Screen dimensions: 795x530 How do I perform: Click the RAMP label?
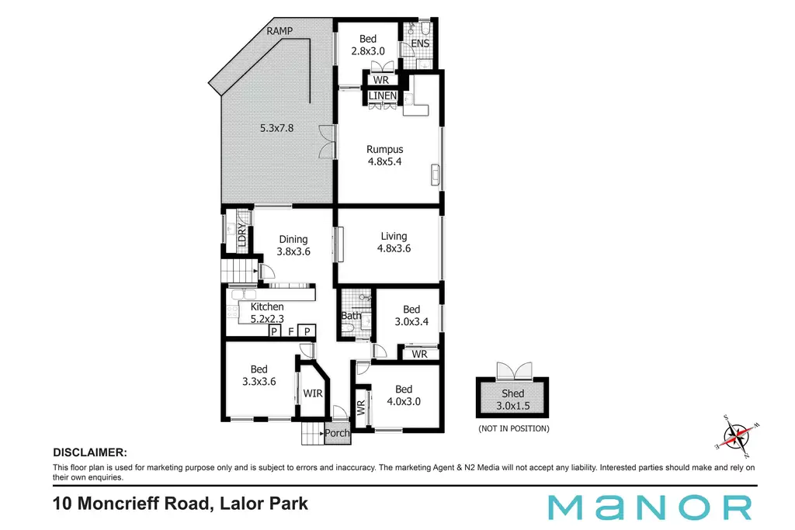click(279, 31)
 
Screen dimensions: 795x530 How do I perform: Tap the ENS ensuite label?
click(420, 43)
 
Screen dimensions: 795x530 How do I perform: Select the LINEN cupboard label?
click(382, 95)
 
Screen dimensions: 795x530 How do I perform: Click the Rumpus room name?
click(385, 150)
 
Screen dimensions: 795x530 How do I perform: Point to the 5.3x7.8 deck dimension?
click(277, 128)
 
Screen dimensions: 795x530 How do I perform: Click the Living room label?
click(394, 236)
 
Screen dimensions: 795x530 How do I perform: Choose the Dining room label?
click(293, 239)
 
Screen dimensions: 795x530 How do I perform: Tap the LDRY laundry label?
click(242, 235)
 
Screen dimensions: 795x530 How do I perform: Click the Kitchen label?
click(267, 307)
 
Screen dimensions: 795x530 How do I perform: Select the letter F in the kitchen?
click(291, 331)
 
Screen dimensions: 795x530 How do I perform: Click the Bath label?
click(351, 316)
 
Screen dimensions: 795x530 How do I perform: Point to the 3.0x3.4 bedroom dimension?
click(411, 321)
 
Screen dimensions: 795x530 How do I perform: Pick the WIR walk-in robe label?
click(313, 393)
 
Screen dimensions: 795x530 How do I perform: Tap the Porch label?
click(337, 433)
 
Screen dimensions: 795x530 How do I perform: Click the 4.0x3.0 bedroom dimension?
click(404, 401)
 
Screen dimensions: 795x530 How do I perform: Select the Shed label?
click(512, 393)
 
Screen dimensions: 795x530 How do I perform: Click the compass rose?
click(738, 436)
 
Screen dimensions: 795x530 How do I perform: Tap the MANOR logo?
click(650, 507)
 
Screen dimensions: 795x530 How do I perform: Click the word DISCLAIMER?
click(90, 452)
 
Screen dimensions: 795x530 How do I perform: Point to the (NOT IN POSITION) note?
click(514, 428)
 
